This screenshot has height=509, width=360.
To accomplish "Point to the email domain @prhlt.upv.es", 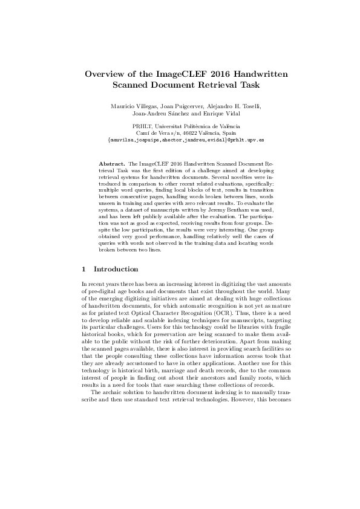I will (x=229, y=138).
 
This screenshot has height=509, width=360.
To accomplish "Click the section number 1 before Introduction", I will (x=83, y=269).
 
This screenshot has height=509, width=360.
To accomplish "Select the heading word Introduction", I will (x=117, y=269).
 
